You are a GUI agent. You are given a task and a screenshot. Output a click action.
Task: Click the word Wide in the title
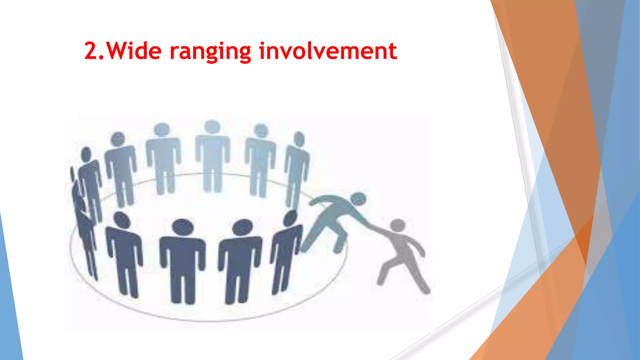point(135,51)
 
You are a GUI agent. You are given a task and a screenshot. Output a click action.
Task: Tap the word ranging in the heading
point(210,51)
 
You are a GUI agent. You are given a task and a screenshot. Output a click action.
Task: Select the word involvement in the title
point(328,51)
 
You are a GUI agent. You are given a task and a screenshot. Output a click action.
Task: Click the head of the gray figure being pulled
point(398,225)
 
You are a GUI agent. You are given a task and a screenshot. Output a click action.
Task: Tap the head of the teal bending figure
point(358,199)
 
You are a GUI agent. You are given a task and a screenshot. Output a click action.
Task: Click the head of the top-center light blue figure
point(212,127)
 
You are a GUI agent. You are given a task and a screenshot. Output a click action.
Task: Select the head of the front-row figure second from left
point(183,227)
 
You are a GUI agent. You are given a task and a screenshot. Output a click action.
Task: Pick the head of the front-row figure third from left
point(243,227)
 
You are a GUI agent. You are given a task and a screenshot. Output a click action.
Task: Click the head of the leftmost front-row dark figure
point(122,220)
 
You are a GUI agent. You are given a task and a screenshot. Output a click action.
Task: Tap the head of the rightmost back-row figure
point(299,139)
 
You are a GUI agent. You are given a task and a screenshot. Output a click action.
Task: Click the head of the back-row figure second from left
point(118,139)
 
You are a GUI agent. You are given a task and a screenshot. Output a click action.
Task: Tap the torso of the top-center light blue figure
point(212,153)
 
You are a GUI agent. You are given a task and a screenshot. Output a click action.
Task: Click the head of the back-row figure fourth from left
point(261,131)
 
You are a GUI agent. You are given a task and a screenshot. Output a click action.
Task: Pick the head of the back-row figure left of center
point(162,129)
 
